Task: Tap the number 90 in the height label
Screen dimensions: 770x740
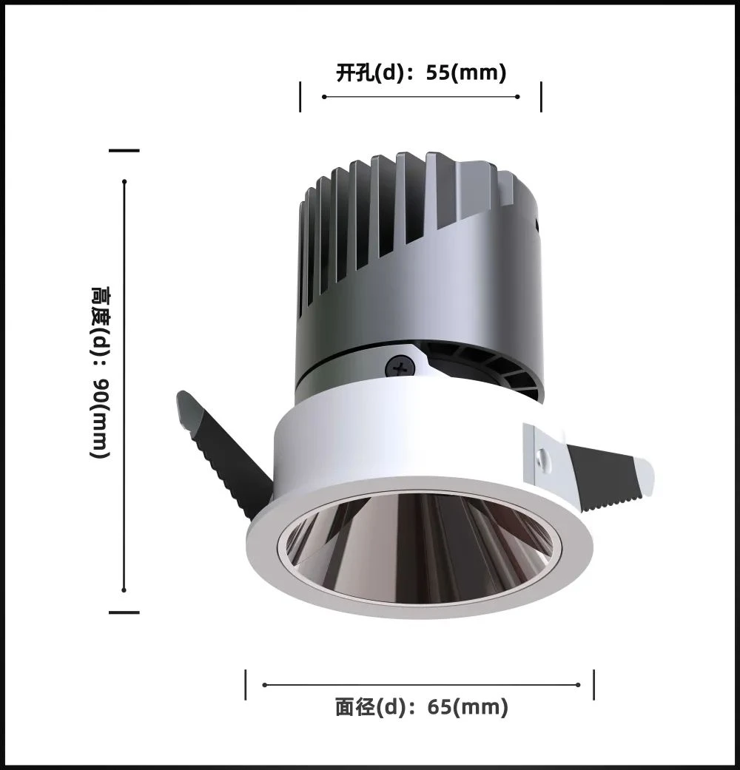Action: coord(101,390)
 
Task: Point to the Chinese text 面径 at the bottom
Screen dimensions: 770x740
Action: coord(354,707)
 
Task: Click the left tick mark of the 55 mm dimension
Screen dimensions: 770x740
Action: coord(300,97)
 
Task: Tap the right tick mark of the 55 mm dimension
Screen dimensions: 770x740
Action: coord(541,97)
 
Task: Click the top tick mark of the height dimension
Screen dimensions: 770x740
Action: coord(124,151)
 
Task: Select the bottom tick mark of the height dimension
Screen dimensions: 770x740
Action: coord(124,612)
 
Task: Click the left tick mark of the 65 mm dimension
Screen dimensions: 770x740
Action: coord(246,685)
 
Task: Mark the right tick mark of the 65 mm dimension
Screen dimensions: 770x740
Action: coord(594,685)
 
